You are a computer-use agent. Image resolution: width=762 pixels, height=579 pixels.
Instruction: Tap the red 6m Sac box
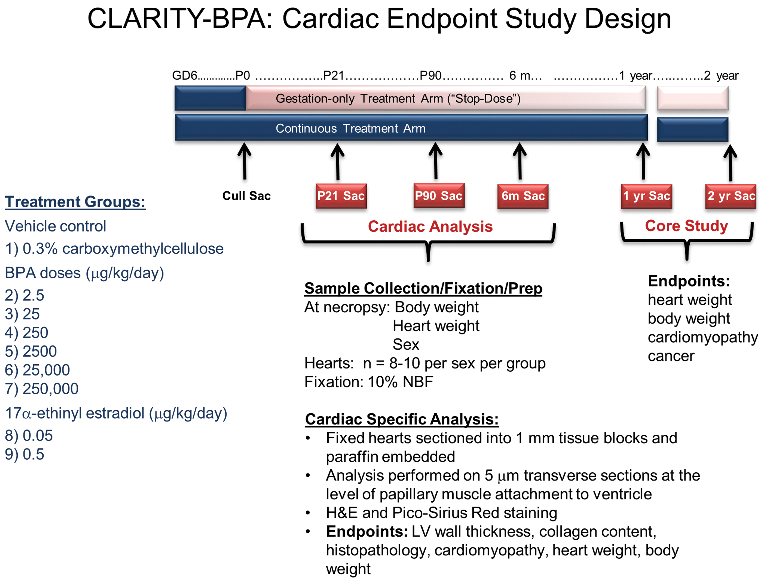pyautogui.click(x=523, y=196)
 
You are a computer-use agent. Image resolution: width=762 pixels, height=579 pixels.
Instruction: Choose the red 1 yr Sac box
pyautogui.click(x=647, y=196)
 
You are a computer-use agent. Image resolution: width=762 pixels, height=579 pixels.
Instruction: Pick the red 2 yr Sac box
pyautogui.click(x=731, y=196)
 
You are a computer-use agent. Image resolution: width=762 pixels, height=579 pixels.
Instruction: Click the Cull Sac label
pyautogui.click(x=246, y=196)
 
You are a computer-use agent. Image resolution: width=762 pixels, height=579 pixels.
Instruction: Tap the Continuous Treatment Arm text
pyautogui.click(x=350, y=128)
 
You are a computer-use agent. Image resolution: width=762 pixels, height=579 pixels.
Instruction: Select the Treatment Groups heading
pyautogui.click(x=75, y=202)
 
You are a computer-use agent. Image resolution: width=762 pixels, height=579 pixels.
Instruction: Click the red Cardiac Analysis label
pyautogui.click(x=430, y=226)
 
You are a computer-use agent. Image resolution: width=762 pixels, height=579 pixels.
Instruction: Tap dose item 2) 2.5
pyautogui.click(x=24, y=295)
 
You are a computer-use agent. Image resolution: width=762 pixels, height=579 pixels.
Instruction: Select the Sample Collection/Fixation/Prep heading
pyautogui.click(x=423, y=288)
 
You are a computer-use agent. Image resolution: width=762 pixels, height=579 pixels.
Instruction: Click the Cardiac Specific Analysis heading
pyautogui.click(x=402, y=419)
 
